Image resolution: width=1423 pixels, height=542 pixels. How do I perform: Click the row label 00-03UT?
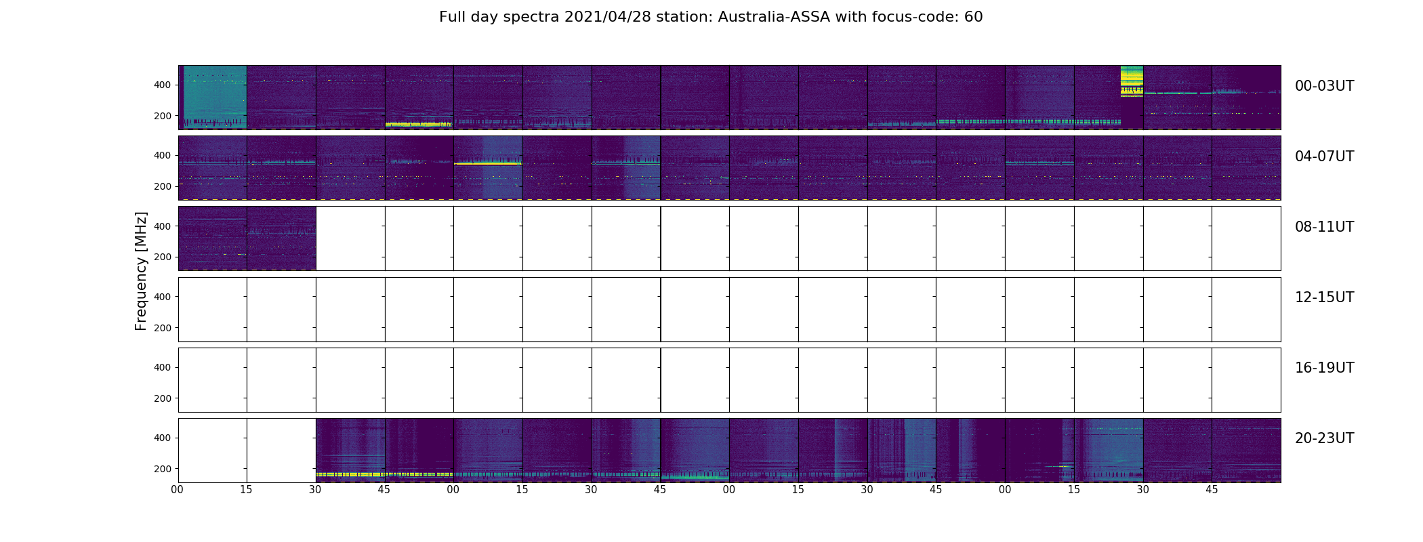[x=1324, y=86]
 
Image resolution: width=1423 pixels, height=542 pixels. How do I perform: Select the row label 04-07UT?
[x=1324, y=157]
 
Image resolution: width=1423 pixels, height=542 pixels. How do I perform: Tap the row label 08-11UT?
[x=1324, y=227]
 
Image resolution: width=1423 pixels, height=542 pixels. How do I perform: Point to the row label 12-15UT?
[x=1324, y=297]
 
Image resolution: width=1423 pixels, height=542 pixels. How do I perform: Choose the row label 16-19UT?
[x=1324, y=368]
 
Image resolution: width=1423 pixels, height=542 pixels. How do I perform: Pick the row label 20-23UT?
[x=1324, y=438]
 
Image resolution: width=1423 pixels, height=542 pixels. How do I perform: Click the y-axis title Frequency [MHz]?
[x=141, y=271]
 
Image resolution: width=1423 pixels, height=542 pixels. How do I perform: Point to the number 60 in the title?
[x=973, y=17]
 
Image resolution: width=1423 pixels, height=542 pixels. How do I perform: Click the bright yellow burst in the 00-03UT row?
[x=1132, y=81]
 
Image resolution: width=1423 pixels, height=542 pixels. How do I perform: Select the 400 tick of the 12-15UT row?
[x=163, y=297]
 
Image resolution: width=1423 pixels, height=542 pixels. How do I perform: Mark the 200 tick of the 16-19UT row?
[x=163, y=398]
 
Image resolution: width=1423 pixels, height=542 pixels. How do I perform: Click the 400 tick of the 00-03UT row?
[x=163, y=85]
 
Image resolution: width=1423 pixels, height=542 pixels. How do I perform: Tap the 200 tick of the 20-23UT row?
[x=163, y=469]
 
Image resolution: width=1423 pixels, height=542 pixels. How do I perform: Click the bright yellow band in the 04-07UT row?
[x=488, y=163]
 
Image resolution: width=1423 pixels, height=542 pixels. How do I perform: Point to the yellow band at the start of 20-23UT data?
[x=350, y=474]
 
